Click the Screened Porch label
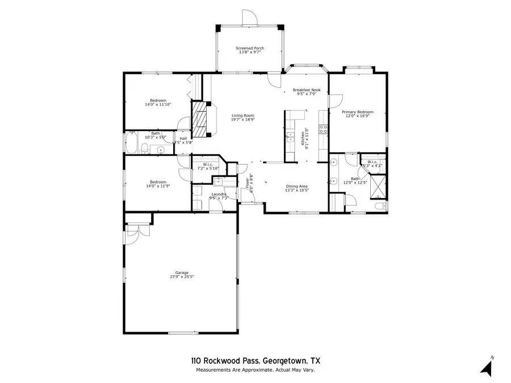point(250,48)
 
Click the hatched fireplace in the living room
point(199,119)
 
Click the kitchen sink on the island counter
point(290,137)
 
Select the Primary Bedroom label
point(357,112)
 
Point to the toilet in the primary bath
point(380,205)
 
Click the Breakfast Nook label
point(307,90)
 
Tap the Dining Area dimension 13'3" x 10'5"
point(296,191)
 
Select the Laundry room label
point(219,195)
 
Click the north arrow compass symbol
point(486,367)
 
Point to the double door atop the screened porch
point(250,17)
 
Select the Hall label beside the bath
point(183,138)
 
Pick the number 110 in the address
point(195,360)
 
